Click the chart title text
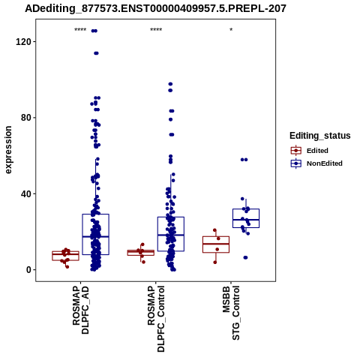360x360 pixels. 155,9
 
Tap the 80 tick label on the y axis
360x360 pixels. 26,118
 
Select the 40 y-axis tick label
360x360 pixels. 26,193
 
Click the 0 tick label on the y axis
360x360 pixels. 28,270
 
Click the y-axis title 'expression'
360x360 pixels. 8,150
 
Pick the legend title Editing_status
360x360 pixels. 320,136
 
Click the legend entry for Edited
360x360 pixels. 317,151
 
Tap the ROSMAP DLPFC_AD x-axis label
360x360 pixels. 80,310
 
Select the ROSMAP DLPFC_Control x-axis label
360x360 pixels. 156,319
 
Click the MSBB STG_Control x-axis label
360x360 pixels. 231,313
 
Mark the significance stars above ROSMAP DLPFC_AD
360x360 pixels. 80,30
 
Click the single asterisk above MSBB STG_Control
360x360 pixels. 231,30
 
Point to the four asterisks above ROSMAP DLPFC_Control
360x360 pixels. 156,30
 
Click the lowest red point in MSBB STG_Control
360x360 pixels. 215,262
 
